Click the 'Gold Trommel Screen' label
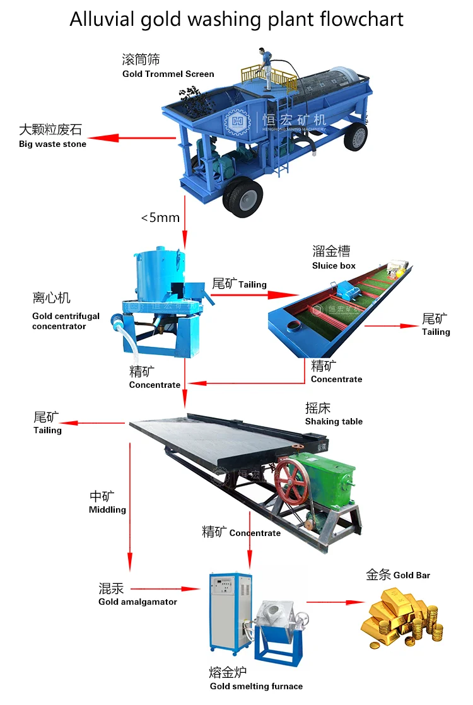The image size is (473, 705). pyautogui.click(x=168, y=74)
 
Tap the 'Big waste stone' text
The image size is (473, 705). pyautogui.click(x=52, y=144)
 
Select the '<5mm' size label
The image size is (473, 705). pyautogui.click(x=160, y=218)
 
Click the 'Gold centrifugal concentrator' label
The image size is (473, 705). pyautogui.click(x=66, y=321)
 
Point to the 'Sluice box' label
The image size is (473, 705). pyautogui.click(x=334, y=265)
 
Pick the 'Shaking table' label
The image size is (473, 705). pyautogui.click(x=334, y=421)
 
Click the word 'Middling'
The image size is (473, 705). pyautogui.click(x=107, y=510)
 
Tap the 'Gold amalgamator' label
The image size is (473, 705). pyautogui.click(x=137, y=602)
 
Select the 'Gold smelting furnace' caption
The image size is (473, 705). pyautogui.click(x=256, y=686)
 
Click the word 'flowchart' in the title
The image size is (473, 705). pyautogui.click(x=361, y=19)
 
